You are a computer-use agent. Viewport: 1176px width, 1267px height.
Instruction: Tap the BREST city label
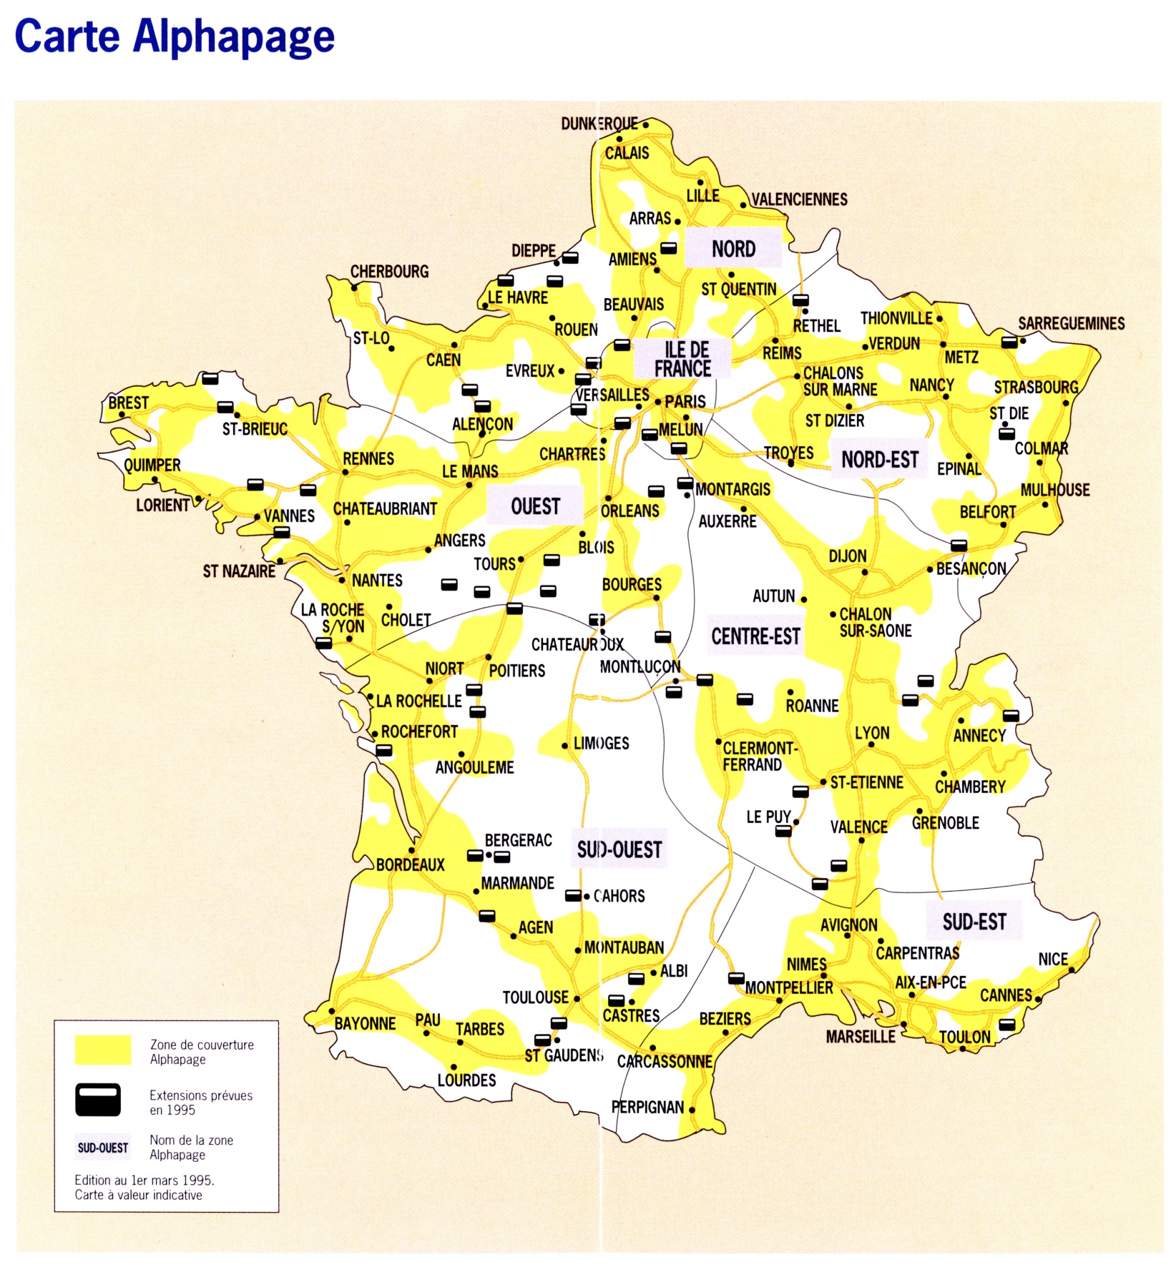click(129, 403)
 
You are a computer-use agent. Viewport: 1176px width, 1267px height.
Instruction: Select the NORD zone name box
click(733, 248)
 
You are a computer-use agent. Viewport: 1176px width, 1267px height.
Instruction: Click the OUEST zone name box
click(535, 506)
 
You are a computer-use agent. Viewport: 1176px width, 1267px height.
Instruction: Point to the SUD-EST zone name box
click(974, 922)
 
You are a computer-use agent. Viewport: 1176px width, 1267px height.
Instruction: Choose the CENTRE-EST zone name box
click(755, 636)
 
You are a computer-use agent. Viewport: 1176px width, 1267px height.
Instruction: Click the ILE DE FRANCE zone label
click(683, 359)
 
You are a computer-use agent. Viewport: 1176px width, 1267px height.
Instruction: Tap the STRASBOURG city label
click(1036, 387)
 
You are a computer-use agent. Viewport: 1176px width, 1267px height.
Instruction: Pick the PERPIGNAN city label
click(647, 1107)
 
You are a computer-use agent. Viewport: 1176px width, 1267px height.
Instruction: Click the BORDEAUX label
click(410, 864)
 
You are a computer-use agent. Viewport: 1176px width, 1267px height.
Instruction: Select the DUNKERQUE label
click(599, 124)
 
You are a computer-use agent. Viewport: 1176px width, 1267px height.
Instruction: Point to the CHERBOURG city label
click(389, 271)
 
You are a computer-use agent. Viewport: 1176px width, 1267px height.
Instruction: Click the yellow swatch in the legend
click(103, 1050)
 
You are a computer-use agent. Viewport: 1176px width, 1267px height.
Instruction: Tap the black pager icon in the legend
click(98, 1100)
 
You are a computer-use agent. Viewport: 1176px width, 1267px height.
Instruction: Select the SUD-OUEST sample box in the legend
click(103, 1148)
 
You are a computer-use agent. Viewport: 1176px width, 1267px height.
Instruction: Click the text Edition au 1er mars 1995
click(144, 1180)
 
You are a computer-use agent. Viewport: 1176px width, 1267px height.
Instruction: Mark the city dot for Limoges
click(564, 746)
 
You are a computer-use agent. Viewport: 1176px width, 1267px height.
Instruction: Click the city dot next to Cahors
click(587, 897)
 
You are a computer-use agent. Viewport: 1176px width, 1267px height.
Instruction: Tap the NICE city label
click(1052, 959)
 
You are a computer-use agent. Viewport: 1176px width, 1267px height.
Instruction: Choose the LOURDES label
click(466, 1080)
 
